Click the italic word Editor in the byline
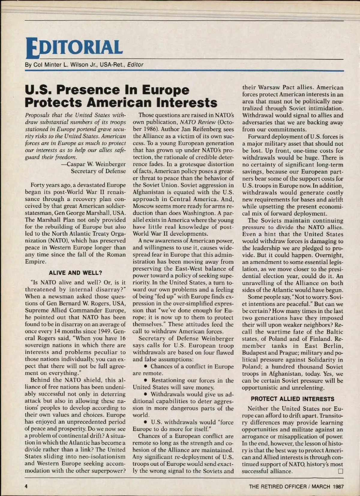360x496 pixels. [135, 64]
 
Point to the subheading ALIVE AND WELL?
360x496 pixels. [75, 273]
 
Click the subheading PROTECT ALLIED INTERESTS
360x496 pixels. [292, 399]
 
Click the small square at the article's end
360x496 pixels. [340, 471]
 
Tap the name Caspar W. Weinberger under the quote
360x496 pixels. [96, 164]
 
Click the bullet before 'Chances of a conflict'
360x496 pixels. [145, 366]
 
